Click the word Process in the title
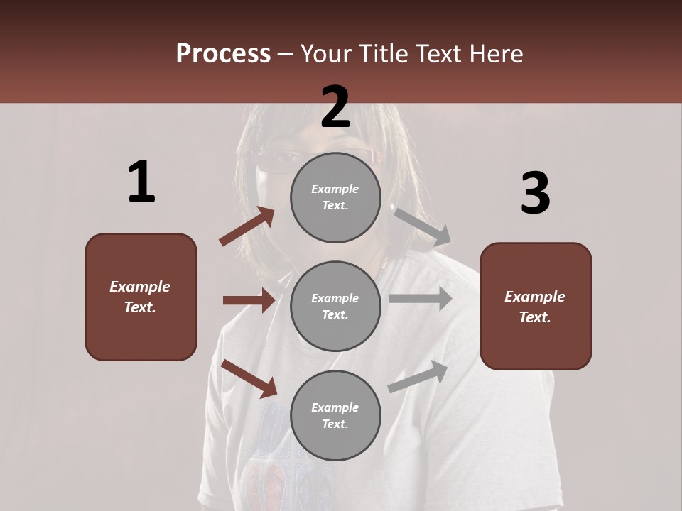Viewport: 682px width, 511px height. tap(223, 53)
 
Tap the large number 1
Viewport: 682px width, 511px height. tap(141, 182)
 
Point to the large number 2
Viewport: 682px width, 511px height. tap(335, 107)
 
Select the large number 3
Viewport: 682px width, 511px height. tap(535, 193)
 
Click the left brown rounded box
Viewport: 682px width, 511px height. tap(141, 297)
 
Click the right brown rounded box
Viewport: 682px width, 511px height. tap(536, 306)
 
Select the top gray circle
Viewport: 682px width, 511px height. tap(335, 197)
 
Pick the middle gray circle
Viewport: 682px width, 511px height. tap(335, 306)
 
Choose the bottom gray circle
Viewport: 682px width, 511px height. tap(335, 415)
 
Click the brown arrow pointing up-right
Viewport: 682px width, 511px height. tap(247, 226)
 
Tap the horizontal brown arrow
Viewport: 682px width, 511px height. tap(249, 300)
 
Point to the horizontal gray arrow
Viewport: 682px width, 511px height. tap(420, 299)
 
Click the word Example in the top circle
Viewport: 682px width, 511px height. tap(335, 189)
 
